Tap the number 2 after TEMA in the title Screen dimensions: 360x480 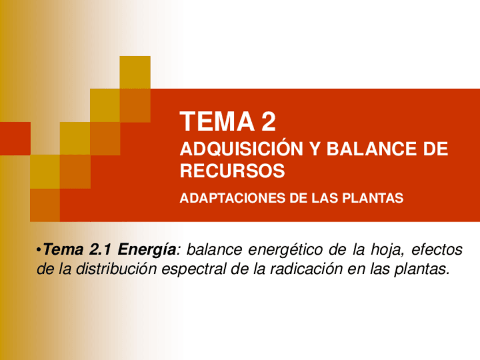(269, 122)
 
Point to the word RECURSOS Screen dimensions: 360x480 (232, 170)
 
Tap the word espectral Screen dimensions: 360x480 (194, 269)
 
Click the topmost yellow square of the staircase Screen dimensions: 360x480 (135, 72)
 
